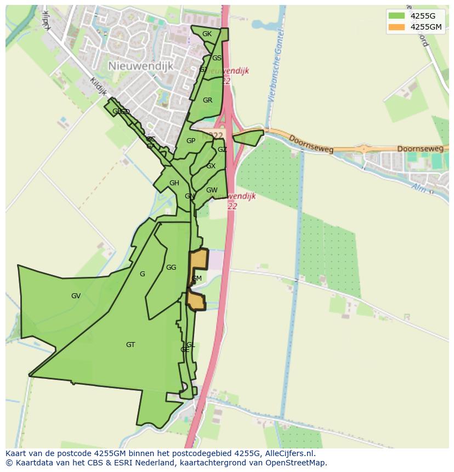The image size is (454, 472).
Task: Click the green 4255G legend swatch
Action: coord(396,15)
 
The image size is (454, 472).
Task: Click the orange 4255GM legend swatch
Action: coord(396,27)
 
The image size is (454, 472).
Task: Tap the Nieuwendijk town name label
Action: coord(140,66)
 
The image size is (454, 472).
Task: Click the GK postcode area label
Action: coord(207,34)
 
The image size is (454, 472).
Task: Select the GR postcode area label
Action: coord(207,100)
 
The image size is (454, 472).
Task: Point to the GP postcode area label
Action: coord(191,141)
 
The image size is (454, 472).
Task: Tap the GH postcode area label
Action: coord(174,183)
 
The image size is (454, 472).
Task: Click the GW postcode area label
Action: coord(212,190)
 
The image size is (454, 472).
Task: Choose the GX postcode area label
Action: coord(211,166)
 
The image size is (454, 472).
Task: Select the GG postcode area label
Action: coord(171,268)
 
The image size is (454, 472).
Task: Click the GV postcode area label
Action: coord(76,296)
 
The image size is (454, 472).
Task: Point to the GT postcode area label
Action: coord(130,345)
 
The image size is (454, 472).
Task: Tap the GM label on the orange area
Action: coord(196,278)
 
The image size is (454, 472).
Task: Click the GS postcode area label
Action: coord(217,58)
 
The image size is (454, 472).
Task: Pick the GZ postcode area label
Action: coord(222,150)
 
